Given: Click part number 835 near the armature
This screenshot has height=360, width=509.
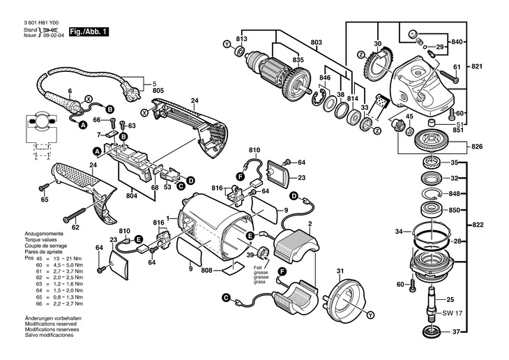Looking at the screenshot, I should [298, 61].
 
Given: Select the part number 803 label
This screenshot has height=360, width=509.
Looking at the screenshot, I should [317, 43].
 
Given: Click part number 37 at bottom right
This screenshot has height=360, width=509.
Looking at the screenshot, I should [455, 332].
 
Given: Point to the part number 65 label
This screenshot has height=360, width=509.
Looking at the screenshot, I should [45, 200].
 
